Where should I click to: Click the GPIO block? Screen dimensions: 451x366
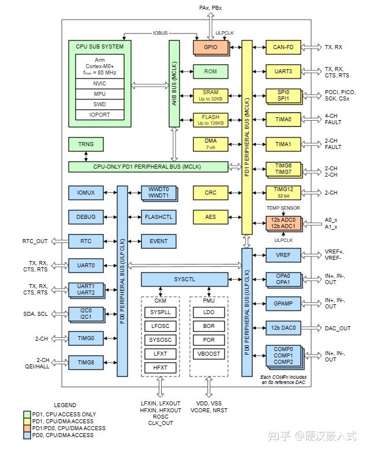(210, 47)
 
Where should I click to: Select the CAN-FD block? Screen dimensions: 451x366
(283, 47)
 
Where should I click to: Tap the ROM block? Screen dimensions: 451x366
(210, 72)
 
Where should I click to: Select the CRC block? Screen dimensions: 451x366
(210, 192)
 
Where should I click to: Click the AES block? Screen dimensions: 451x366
(210, 217)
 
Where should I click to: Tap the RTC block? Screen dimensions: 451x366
(85, 241)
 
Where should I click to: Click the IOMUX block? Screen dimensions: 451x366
(85, 192)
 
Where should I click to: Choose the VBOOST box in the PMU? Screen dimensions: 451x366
(209, 353)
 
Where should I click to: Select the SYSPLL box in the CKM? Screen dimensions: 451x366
(160, 312)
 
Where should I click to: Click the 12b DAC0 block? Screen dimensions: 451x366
(283, 328)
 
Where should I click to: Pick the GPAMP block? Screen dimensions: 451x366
(283, 303)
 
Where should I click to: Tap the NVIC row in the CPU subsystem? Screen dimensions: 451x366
(100, 83)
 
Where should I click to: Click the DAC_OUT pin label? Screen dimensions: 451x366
(338, 328)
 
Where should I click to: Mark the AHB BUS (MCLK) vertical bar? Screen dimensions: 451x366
(174, 84)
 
